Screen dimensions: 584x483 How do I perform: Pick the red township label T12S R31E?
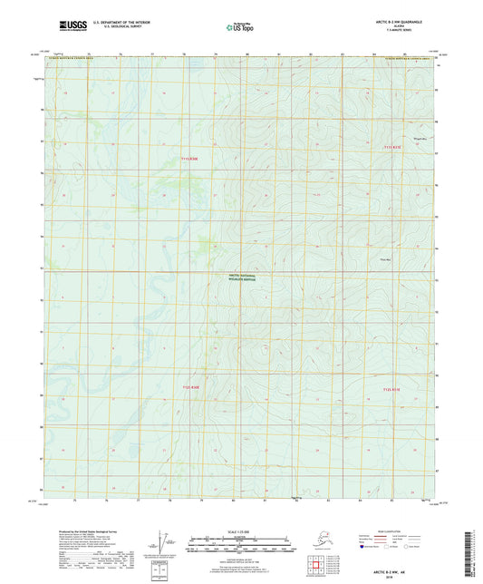pyautogui.click(x=391, y=388)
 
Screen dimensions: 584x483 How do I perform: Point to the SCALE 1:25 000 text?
pyautogui.click(x=241, y=530)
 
